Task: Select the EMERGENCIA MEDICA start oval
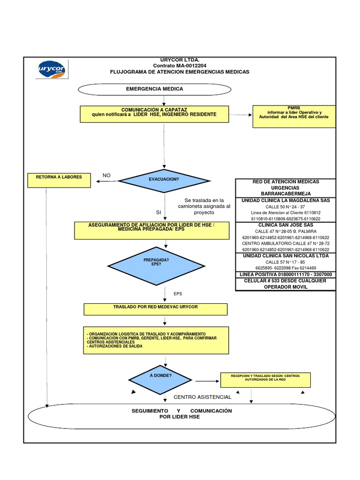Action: click(154, 89)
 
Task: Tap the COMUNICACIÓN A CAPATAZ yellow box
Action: click(154, 112)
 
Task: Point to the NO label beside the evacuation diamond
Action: click(106, 175)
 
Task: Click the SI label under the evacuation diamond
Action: click(158, 212)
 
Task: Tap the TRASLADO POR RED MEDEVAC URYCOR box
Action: click(156, 309)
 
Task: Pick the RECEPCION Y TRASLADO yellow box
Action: click(265, 380)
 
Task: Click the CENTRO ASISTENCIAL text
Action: click(202, 397)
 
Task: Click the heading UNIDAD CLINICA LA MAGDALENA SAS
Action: click(285, 201)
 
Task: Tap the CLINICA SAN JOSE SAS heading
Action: click(285, 225)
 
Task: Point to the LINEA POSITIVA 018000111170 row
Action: click(285, 274)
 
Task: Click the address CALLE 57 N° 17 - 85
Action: click(285, 262)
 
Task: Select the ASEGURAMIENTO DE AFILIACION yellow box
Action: click(152, 230)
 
